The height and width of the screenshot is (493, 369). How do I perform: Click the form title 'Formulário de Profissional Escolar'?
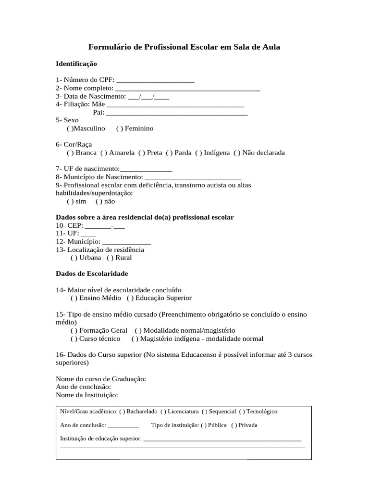point(184,47)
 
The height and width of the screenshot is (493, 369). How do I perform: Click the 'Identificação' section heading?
point(76,64)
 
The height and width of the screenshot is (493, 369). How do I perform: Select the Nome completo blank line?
point(188,88)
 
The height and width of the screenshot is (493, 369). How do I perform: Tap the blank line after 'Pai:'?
point(176,113)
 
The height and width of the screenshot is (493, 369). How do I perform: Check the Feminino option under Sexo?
point(120,129)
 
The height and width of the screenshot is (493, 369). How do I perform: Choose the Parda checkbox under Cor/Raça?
point(170,153)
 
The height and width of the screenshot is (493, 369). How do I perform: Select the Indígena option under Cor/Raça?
point(198,153)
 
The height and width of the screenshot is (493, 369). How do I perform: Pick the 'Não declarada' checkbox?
point(237,153)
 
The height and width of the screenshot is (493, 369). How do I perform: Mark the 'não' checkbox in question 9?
point(99,202)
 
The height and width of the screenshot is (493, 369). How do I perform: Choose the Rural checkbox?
point(111,258)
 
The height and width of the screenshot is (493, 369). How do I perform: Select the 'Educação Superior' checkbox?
point(130,298)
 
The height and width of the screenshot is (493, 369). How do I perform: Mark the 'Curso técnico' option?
point(74,338)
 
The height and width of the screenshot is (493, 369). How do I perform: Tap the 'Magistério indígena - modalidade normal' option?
point(134,338)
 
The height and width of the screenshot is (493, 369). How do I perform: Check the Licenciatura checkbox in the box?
point(163,412)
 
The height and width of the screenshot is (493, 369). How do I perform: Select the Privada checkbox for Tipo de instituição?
point(234,425)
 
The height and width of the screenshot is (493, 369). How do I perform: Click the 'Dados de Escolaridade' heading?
point(92,273)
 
